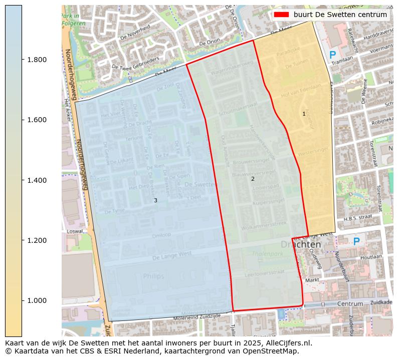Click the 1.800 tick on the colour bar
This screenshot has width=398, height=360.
tap(23, 60)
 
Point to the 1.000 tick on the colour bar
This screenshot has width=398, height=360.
tap(23, 300)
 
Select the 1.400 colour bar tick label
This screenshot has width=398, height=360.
tap(37, 180)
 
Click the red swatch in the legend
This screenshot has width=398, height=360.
tap(282, 15)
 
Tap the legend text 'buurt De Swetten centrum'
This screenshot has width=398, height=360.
tap(340, 15)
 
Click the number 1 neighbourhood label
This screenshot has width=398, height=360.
tap(304, 114)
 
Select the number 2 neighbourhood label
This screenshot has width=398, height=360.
tap(253, 179)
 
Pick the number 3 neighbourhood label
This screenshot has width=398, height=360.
tap(155, 200)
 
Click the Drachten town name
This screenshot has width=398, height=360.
tap(301, 244)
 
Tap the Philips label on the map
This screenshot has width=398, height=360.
tap(153, 276)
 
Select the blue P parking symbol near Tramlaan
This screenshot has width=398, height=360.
tap(332, 56)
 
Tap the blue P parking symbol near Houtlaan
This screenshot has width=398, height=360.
tap(356, 242)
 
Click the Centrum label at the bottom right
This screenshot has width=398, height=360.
tap(350, 304)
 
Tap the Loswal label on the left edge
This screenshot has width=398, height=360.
tap(75, 231)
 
